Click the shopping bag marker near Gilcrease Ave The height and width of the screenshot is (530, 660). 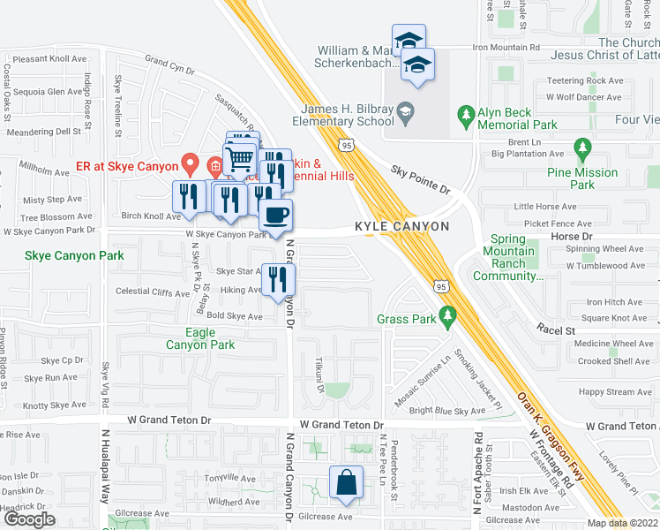coord(346,482)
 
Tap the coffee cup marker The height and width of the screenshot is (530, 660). coord(275,215)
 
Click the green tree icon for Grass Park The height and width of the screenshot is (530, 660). coord(448,314)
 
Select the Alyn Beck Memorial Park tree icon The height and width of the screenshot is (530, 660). coord(466,114)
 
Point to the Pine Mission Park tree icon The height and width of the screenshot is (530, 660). coord(581,147)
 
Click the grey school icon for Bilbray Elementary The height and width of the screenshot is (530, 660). coord(405,110)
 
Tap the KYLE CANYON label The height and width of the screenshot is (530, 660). coord(401,227)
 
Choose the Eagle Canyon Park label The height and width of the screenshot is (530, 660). coord(200,338)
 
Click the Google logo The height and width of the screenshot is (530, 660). coord(28,519)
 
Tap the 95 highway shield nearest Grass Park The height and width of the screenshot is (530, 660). coord(441,285)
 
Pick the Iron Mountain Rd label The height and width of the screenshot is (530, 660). coord(506,47)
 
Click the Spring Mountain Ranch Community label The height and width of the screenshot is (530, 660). coord(507,257)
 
